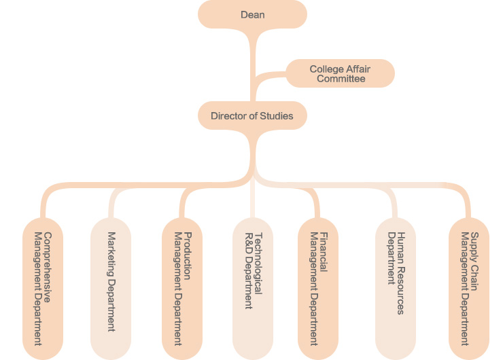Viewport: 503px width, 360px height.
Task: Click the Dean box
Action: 252,14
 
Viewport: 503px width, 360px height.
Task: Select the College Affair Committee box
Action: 340,73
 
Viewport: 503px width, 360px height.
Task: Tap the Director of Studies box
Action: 252,116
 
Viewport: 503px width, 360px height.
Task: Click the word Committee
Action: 344,79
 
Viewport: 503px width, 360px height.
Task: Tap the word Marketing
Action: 111,254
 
